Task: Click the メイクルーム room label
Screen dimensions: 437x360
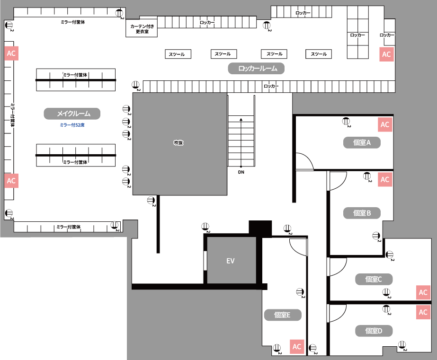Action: click(72, 114)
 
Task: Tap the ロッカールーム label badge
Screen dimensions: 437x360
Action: click(256, 69)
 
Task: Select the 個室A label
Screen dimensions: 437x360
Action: click(362, 142)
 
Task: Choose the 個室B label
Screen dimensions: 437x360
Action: click(362, 213)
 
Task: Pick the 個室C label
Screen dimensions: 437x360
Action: click(374, 279)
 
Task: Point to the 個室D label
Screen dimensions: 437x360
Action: click(374, 331)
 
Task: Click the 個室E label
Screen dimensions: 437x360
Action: click(283, 315)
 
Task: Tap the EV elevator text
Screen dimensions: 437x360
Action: click(230, 261)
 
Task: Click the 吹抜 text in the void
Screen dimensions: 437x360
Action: click(178, 142)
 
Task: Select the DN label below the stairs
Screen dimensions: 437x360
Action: click(241, 172)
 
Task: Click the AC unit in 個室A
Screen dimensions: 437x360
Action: click(385, 124)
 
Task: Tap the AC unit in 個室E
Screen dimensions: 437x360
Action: click(297, 347)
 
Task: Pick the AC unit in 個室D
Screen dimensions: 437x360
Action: click(423, 312)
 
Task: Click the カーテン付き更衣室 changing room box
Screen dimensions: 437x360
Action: click(142, 28)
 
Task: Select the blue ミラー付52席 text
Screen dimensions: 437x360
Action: click(72, 125)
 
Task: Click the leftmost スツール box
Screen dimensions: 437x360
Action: click(178, 54)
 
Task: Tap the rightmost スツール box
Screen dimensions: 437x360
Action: click(319, 54)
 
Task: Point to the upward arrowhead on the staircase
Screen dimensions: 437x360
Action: click(241, 119)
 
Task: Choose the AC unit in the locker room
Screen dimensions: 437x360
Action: click(386, 54)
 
